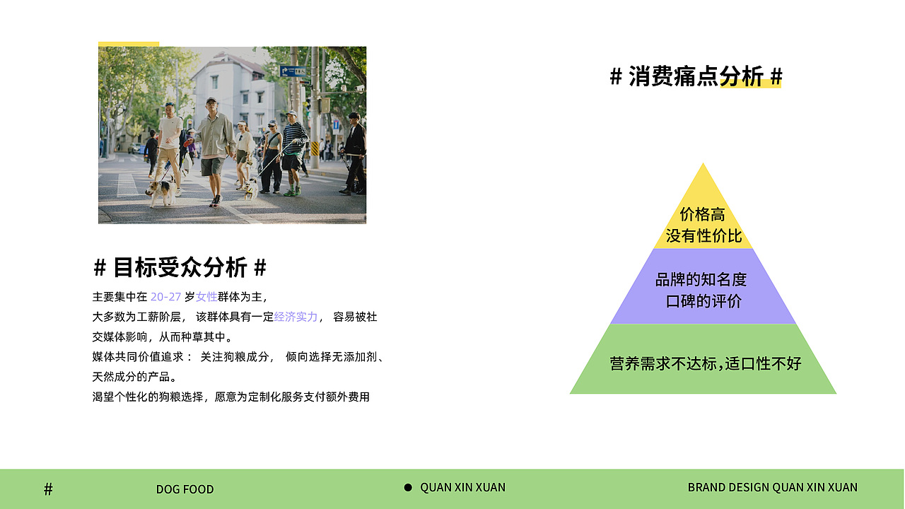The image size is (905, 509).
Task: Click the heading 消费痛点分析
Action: click(696, 76)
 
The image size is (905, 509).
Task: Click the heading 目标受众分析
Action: click(180, 267)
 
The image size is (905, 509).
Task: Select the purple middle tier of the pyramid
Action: click(703, 286)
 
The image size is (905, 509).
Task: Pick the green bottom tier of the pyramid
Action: click(703, 358)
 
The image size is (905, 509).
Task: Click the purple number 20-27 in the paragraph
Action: click(165, 297)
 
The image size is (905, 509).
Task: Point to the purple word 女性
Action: click(206, 297)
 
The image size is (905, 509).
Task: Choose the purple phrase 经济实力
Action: click(296, 317)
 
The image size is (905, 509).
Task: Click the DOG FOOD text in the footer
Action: click(185, 489)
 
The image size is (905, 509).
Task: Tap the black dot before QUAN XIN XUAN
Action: click(408, 488)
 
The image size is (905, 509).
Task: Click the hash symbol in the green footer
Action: click(48, 489)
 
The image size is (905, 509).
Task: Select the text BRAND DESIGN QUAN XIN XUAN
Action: click(773, 487)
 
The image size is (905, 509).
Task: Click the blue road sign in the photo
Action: click(293, 71)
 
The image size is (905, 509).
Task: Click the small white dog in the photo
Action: click(250, 189)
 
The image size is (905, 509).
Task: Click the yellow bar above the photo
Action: click(129, 44)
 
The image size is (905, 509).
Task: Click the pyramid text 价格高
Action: click(703, 214)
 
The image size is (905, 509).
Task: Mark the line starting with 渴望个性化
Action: click(230, 397)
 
